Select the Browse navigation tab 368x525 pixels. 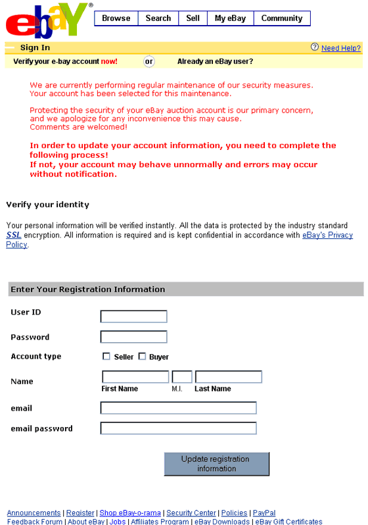pyautogui.click(x=116, y=18)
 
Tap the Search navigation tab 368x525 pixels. pyautogui.click(x=158, y=18)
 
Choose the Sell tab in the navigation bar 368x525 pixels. pyautogui.click(x=193, y=18)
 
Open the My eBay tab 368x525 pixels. pyautogui.click(x=230, y=18)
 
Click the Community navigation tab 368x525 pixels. pyautogui.click(x=281, y=18)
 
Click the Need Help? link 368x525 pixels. pyautogui.click(x=340, y=48)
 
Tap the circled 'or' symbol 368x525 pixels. pyautogui.click(x=149, y=61)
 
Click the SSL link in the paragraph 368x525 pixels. pyautogui.click(x=13, y=235)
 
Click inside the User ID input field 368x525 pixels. pyautogui.click(x=133, y=316)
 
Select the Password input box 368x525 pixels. pyautogui.click(x=133, y=337)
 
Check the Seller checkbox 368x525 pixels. pyautogui.click(x=106, y=357)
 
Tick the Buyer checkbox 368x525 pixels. pyautogui.click(x=142, y=357)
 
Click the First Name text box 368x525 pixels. pyautogui.click(x=135, y=377)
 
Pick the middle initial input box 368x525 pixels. pyautogui.click(x=181, y=377)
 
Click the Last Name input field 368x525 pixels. pyautogui.click(x=228, y=377)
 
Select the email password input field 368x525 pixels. pyautogui.click(x=178, y=428)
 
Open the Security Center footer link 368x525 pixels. pyautogui.click(x=191, y=513)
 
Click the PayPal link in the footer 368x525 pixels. pyautogui.click(x=264, y=513)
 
